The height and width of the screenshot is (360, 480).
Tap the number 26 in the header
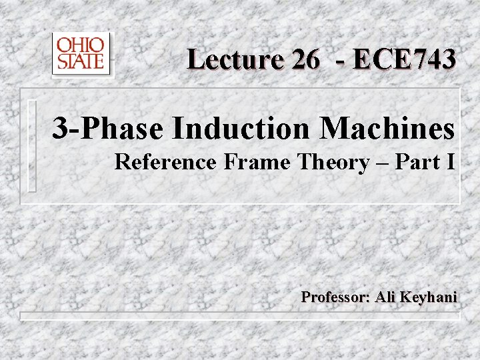305,59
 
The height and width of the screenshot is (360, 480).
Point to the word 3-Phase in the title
107,129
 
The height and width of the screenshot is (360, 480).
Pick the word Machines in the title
388,129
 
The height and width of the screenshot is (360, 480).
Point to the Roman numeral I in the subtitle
452,162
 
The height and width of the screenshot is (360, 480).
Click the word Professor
335,297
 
